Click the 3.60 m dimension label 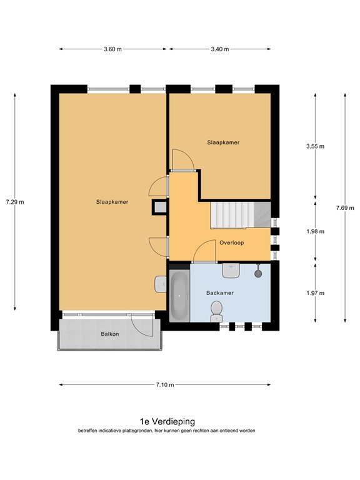point(112,49)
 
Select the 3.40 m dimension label point(220,49)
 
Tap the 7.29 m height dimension point(15,202)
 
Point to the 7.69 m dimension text point(345,208)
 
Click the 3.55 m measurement point(315,146)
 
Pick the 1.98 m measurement point(315,231)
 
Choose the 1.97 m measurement point(315,293)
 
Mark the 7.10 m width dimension point(165,385)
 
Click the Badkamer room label point(220,293)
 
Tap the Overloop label point(232,242)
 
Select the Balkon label point(110,334)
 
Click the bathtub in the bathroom point(179,296)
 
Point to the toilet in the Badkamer point(217,311)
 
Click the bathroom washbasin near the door point(231,271)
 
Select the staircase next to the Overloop point(240,215)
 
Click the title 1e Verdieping point(167,421)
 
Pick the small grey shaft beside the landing point(160,207)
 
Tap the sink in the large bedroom point(161,284)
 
